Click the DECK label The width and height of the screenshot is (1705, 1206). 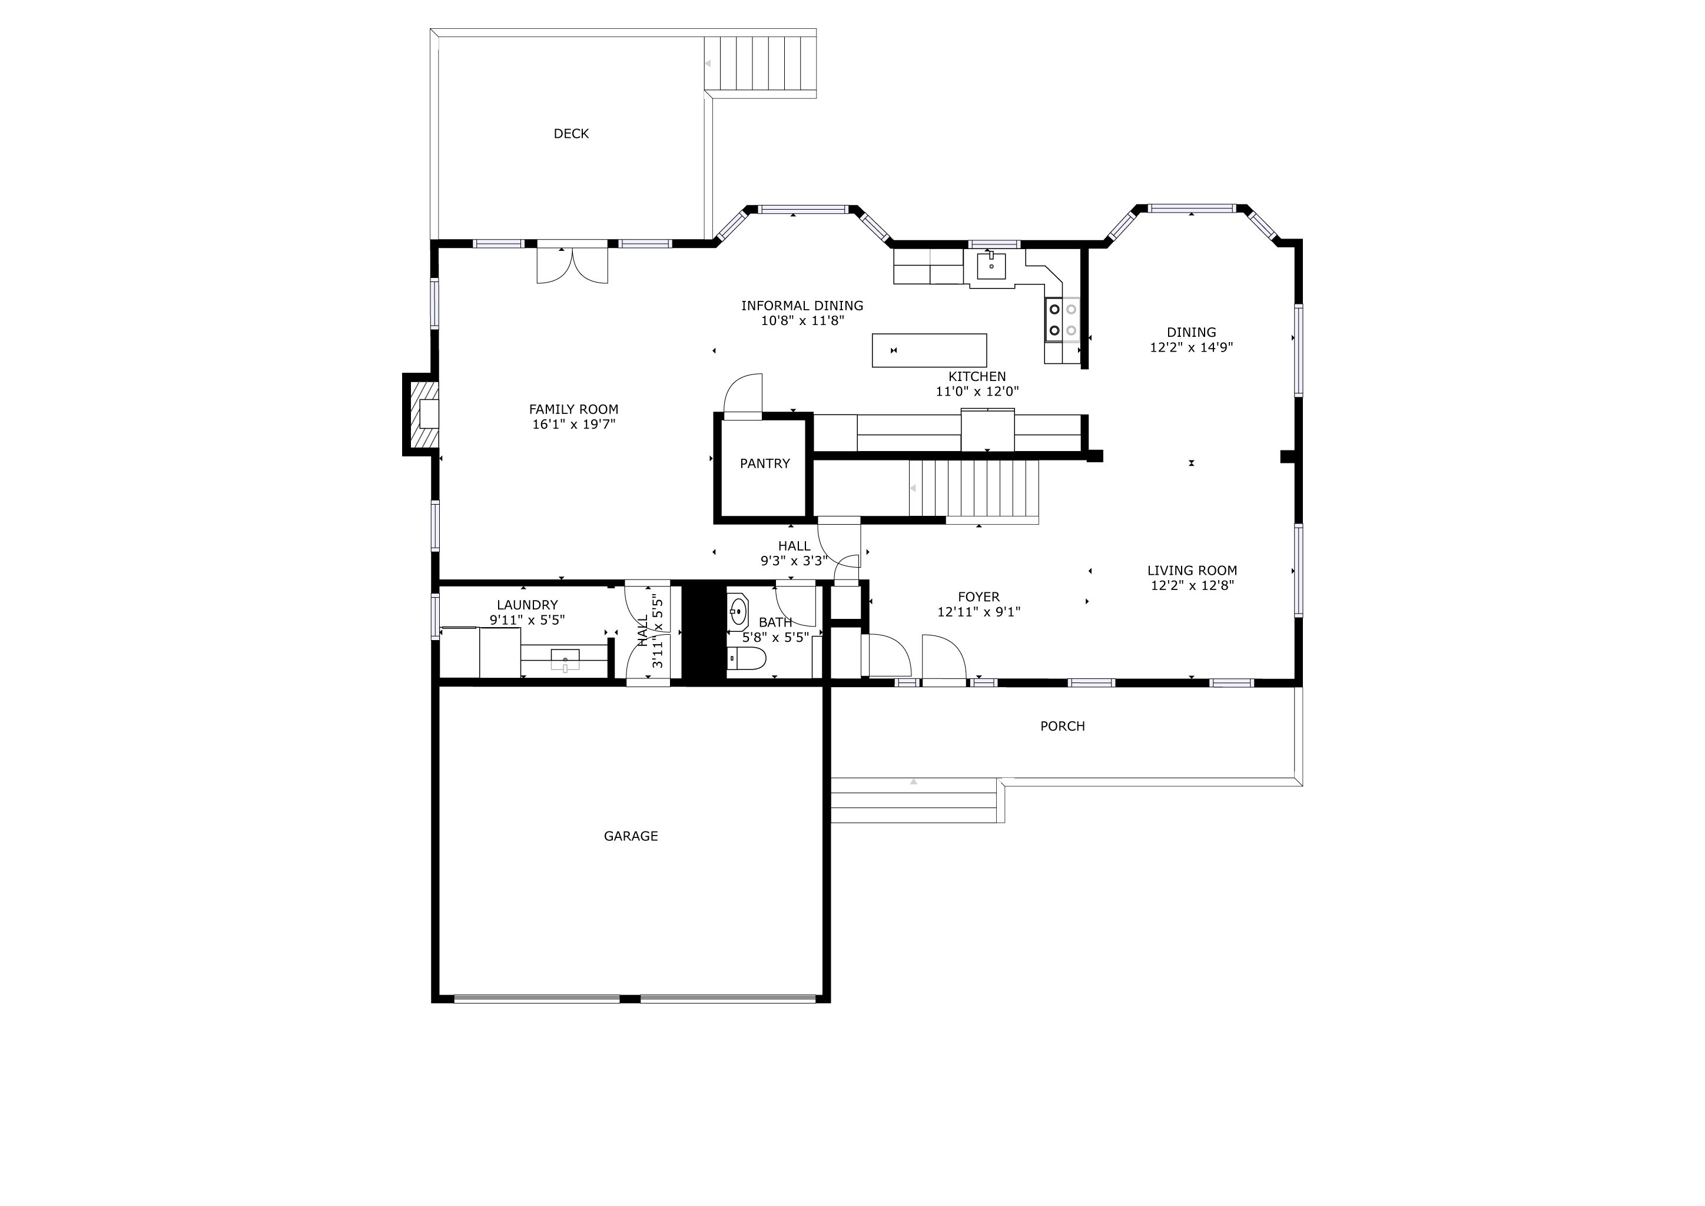click(x=571, y=134)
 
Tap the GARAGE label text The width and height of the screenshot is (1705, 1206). click(x=631, y=836)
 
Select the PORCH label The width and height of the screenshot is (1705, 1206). click(x=1062, y=726)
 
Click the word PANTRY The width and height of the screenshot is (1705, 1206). click(x=764, y=463)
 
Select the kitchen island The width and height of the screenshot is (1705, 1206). click(x=929, y=350)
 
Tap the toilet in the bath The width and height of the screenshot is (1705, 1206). click(x=748, y=657)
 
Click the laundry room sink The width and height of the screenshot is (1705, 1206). click(x=565, y=660)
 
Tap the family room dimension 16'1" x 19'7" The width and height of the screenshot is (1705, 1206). click(x=573, y=425)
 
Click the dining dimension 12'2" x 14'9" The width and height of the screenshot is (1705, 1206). click(x=1191, y=347)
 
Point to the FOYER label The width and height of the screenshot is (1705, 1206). click(x=978, y=597)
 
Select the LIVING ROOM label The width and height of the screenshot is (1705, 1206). click(x=1192, y=571)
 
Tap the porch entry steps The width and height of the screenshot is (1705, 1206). click(x=913, y=800)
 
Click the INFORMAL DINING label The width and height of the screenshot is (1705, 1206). click(x=802, y=305)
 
